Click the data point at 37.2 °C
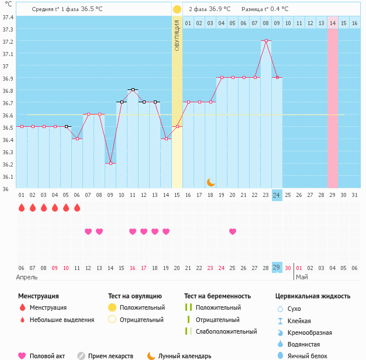[266, 40]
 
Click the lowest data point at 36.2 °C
[111, 163]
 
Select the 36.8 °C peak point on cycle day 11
[133, 89]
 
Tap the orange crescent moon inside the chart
[211, 182]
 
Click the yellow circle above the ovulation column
[177, 9]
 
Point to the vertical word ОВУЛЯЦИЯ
[177, 36]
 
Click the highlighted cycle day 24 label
[277, 195]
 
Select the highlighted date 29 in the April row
[277, 268]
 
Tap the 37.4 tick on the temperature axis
[8, 18]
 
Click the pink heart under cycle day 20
[233, 231]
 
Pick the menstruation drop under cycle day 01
[22, 207]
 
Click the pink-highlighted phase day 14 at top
[333, 23]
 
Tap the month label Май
[302, 277]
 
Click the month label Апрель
[27, 277]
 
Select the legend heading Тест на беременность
[217, 296]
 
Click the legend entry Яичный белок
[307, 356]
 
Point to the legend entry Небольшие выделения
[62, 320]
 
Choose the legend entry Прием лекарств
[111, 356]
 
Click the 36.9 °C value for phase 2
[220, 9]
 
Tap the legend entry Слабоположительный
[226, 331]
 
